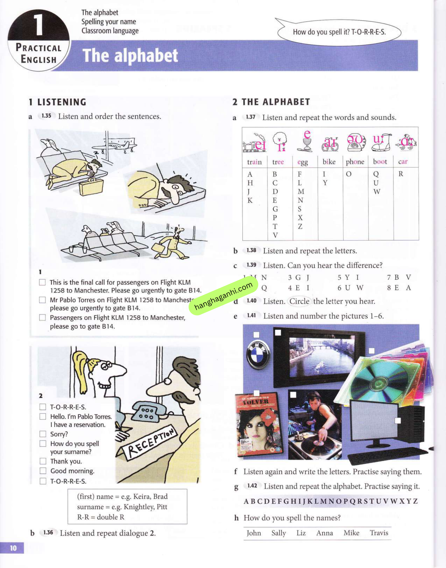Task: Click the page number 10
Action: (x=13, y=548)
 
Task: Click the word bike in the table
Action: (x=329, y=162)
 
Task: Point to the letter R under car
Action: (x=401, y=174)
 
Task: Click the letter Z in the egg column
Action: (x=300, y=226)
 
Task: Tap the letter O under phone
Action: (x=349, y=174)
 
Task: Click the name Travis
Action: (x=379, y=533)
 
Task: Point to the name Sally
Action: (x=278, y=533)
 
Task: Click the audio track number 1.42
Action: (x=252, y=486)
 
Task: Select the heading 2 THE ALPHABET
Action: (x=271, y=102)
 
